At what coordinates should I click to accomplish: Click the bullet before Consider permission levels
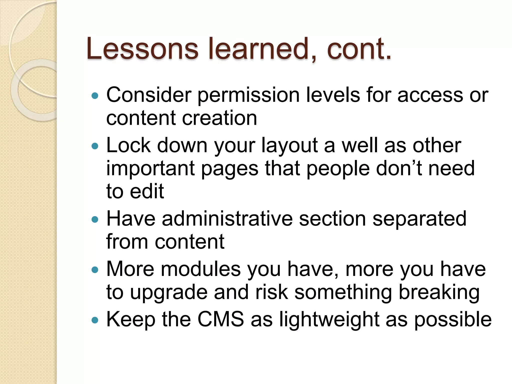(95, 95)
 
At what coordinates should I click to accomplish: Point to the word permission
(249, 95)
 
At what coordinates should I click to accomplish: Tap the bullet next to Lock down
(95, 146)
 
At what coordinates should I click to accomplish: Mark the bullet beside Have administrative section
(95, 219)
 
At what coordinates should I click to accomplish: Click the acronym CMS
(220, 319)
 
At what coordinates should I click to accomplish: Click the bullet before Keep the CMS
(95, 320)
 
